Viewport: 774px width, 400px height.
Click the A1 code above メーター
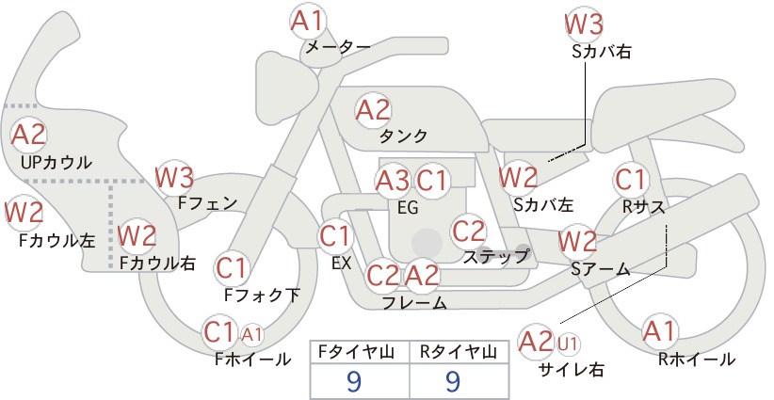coord(307,22)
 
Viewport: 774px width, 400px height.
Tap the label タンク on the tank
coord(403,136)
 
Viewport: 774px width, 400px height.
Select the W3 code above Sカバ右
coord(584,24)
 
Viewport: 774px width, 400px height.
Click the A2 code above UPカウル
coord(28,135)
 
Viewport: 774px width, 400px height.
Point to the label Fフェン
coord(207,203)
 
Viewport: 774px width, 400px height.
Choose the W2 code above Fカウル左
coord(24,213)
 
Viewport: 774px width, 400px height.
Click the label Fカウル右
coord(157,263)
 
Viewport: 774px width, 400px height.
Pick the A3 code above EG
coord(393,181)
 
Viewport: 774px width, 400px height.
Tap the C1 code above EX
coord(335,236)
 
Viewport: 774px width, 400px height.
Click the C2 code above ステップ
coord(468,231)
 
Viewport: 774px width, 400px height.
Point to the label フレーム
coord(414,303)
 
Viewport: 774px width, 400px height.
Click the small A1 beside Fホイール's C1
coord(251,335)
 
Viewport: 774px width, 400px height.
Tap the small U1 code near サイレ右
coord(568,344)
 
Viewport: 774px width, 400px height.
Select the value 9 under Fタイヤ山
coord(354,381)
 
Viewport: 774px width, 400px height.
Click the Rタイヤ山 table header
coord(459,352)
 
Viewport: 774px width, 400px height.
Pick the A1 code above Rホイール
coord(659,331)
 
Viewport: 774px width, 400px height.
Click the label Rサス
coord(643,208)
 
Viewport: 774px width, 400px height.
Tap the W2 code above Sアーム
coord(577,242)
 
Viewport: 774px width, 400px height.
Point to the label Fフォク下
coord(262,296)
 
